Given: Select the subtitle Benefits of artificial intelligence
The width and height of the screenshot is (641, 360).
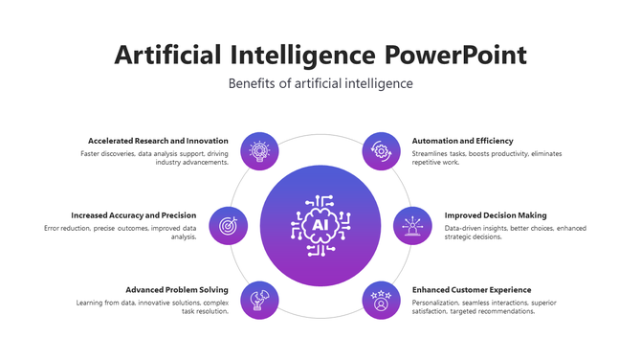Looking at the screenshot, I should [320, 83].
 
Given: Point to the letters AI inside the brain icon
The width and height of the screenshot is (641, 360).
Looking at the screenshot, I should [320, 226].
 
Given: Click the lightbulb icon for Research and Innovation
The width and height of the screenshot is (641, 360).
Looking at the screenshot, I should [258, 150].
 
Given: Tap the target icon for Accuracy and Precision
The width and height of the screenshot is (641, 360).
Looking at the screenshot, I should [228, 226].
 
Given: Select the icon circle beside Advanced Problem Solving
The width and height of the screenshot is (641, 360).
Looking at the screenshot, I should [258, 300].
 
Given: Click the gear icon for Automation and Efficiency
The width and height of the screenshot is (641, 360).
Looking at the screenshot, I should [382, 150].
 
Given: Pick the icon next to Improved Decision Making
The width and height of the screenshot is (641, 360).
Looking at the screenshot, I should [412, 226].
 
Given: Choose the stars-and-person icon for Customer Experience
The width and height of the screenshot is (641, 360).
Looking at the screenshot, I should [382, 300].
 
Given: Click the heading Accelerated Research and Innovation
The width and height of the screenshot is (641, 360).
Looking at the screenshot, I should [158, 141].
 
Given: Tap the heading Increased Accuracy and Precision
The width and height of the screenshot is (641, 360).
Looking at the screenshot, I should [133, 215].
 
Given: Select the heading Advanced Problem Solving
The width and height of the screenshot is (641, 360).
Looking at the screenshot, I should [177, 289].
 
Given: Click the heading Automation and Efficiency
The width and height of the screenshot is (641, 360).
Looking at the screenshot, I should [462, 141].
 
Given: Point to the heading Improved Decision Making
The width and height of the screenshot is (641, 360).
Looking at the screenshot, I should [496, 215].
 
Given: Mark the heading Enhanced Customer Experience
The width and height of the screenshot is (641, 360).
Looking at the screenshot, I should [471, 289].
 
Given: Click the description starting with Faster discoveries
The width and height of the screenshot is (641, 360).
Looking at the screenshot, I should [155, 158].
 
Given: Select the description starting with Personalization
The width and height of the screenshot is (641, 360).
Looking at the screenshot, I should [484, 306].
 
